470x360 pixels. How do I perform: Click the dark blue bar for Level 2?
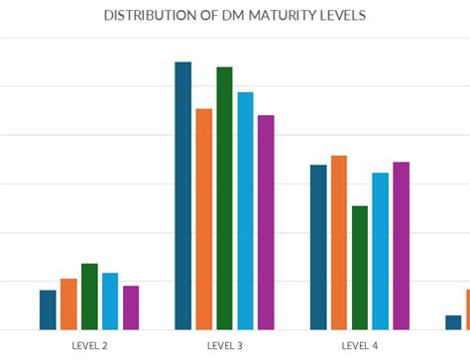(48, 309)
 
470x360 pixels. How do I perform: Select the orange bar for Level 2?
(68, 303)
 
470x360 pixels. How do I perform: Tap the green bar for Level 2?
(89, 297)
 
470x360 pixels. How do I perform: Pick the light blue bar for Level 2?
(110, 300)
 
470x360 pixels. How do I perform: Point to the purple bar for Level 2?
(131, 307)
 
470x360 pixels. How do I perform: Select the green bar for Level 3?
(225, 198)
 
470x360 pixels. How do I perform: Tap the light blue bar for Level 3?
(245, 210)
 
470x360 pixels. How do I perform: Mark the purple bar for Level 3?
(266, 222)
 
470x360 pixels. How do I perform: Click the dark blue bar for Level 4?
(318, 247)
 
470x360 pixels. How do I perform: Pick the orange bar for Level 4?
(339, 242)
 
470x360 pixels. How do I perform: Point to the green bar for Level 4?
(360, 268)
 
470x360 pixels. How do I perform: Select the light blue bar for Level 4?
(381, 251)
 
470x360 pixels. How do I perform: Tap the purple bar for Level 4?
(402, 245)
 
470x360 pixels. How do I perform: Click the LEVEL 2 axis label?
(90, 345)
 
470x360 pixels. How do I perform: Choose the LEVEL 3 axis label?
(225, 345)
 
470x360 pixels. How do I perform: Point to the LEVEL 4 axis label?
(360, 345)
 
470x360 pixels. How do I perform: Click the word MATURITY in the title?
(282, 17)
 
